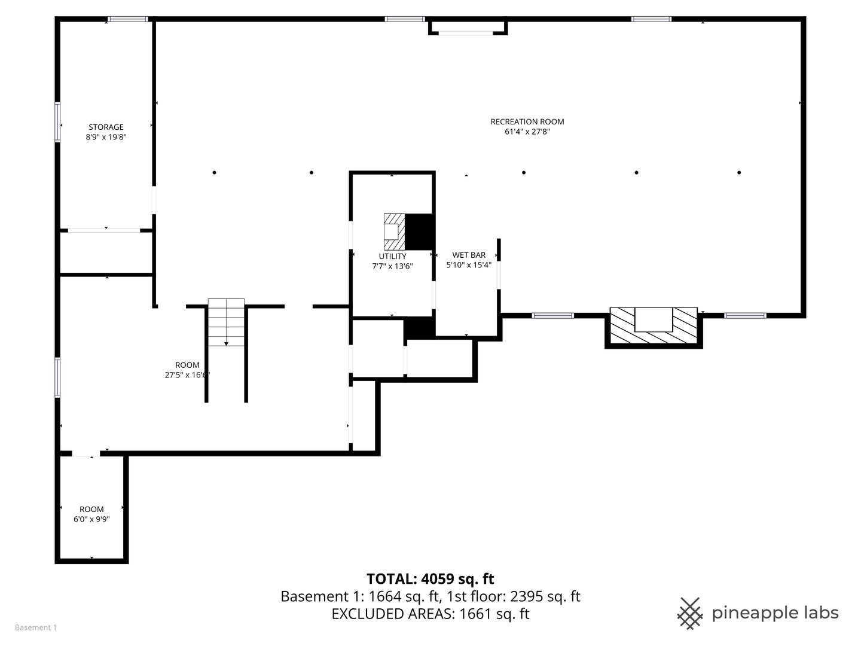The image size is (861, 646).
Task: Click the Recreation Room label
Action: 527,121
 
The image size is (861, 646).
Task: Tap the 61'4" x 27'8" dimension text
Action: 527,132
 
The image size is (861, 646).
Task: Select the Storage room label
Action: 106,127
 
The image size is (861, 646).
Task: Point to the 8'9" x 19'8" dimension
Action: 106,137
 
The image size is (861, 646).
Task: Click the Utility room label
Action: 392,256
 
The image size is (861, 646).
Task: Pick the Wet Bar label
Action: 469,255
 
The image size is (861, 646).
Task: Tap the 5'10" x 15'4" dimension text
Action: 469,265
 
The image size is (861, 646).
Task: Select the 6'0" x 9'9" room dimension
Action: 91,519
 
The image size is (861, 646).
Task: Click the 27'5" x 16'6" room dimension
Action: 187,375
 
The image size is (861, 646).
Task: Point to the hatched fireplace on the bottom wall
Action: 654,327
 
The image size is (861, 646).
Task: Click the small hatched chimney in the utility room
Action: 394,231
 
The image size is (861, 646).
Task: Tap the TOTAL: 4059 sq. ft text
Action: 430,578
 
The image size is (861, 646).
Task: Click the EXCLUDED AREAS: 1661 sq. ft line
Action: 430,614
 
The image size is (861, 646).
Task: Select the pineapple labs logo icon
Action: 689,613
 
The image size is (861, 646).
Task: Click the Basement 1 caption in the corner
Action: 36,627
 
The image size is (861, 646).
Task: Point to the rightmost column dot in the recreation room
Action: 739,173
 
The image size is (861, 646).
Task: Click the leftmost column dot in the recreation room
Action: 214,173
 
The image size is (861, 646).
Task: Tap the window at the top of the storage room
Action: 128,19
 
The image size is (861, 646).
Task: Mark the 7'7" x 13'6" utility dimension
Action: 392,266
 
